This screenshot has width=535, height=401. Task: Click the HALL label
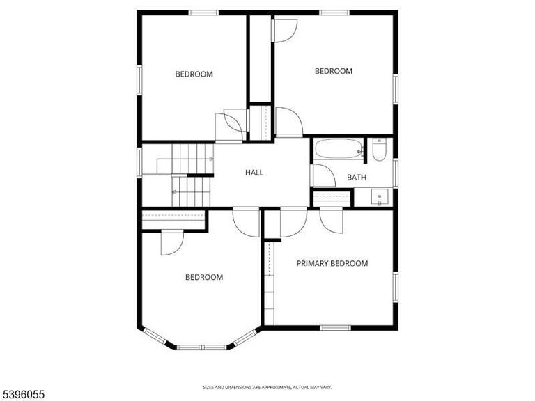tap(254, 173)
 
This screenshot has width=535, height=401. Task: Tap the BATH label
tap(357, 178)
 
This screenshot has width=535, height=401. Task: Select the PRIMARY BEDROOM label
tap(332, 263)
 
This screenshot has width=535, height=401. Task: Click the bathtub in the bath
tap(339, 149)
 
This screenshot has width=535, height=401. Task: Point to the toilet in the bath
tap(379, 150)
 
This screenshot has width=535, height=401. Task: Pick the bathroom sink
tap(380, 197)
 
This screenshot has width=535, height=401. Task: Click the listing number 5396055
tap(24, 394)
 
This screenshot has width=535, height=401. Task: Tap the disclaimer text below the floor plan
tap(267, 386)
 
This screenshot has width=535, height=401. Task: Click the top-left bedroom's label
tap(194, 74)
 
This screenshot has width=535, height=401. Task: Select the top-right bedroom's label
tap(334, 71)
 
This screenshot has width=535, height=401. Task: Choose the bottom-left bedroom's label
tap(204, 277)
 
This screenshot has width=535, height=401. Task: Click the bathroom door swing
tap(322, 175)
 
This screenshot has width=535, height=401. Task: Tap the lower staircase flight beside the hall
tap(192, 192)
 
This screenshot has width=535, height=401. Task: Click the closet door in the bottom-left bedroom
tap(171, 242)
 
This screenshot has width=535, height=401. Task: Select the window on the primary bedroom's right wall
tap(395, 288)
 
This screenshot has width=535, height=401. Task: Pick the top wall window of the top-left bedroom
tap(204, 13)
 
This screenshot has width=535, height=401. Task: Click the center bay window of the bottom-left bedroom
tap(201, 346)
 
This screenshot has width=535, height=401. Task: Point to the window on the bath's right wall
tap(395, 173)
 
